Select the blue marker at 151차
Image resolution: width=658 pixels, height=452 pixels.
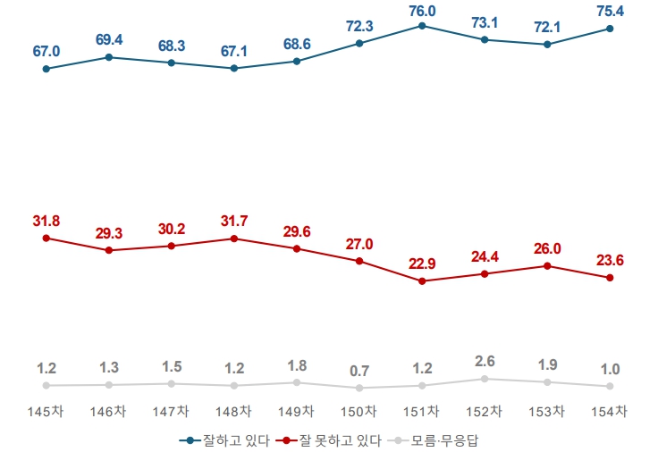[422, 26]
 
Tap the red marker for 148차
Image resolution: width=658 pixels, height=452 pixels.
[234, 239]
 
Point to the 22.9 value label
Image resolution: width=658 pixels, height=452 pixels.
[422, 264]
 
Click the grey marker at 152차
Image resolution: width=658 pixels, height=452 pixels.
[485, 379]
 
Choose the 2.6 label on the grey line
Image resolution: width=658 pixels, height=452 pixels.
[485, 361]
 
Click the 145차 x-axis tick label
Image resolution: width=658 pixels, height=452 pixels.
[46, 411]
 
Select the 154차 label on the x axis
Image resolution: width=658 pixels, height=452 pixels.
[610, 411]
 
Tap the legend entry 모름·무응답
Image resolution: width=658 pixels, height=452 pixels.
[439, 440]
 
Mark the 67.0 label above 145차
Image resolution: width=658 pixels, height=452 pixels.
[46, 52]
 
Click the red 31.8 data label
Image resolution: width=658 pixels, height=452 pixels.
[46, 221]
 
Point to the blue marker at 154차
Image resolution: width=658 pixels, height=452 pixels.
[610, 29]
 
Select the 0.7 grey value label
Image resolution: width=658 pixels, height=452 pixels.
[359, 371]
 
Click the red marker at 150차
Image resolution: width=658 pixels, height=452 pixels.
[359, 261]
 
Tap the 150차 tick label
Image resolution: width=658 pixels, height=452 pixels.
[359, 411]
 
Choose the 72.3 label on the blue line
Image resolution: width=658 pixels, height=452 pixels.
[359, 26]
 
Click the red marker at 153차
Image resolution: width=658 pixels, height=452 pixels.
[547, 265]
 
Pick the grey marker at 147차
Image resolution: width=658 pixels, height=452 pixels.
[171, 383]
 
